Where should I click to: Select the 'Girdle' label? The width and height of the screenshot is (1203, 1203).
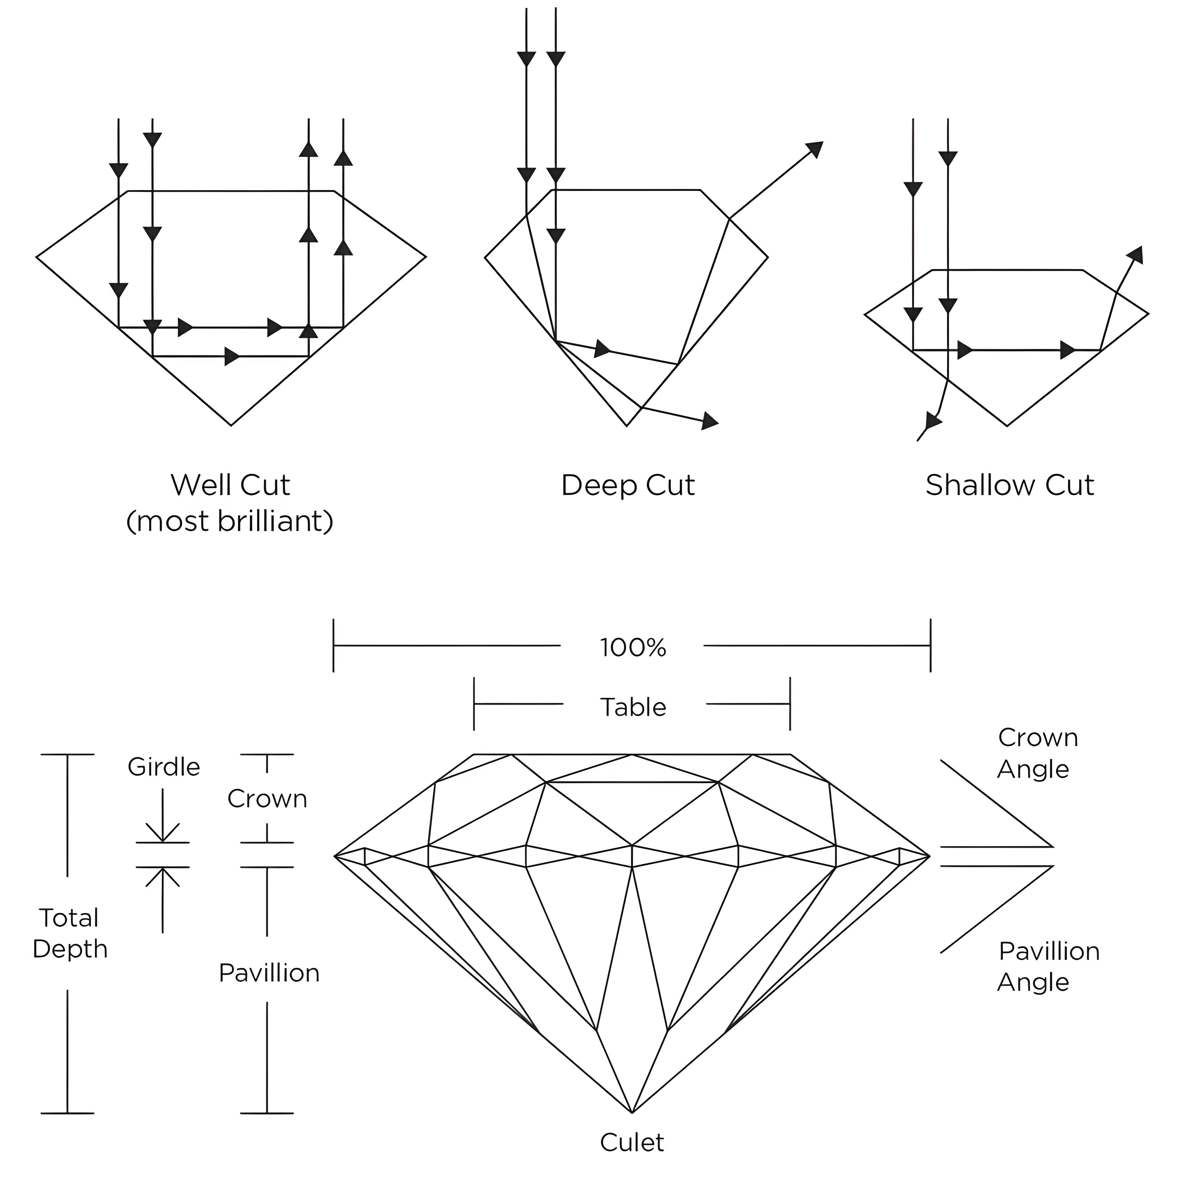[x=164, y=767]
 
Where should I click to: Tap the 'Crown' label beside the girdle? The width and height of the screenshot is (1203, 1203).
[x=267, y=799]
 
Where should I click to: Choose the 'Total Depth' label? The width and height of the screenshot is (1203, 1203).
[x=70, y=933]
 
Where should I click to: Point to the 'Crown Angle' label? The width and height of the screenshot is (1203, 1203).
[x=1037, y=753]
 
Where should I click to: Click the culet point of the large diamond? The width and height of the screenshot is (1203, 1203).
[x=632, y=1112]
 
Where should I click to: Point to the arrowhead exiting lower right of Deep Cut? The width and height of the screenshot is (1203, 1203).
[x=710, y=422]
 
